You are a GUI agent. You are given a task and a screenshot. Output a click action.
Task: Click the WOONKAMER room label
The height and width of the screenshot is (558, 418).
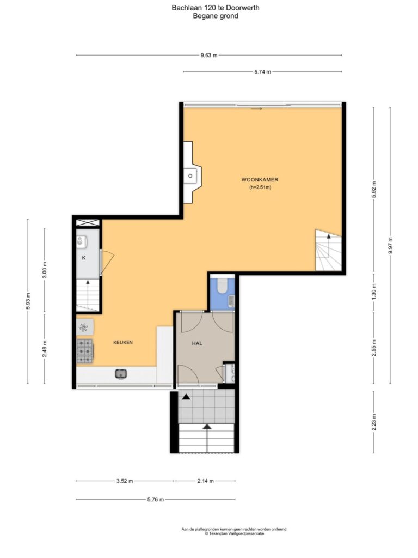(260, 180)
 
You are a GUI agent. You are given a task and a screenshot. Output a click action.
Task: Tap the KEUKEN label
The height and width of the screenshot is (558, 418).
(123, 342)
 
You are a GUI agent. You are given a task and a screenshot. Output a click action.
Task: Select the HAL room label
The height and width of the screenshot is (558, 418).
(197, 343)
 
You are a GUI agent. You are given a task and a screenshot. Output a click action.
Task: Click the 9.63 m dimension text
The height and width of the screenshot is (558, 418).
(209, 55)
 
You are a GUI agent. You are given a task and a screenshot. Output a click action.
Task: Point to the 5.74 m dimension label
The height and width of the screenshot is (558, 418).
(263, 72)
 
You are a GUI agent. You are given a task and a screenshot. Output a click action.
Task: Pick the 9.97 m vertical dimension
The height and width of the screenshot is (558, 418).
(390, 246)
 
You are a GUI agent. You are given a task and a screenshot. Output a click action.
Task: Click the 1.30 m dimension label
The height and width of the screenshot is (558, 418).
(373, 292)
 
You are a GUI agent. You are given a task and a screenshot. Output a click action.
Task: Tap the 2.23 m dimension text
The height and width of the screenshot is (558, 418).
(373, 422)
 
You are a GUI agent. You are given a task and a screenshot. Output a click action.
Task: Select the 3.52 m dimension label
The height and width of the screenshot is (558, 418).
(125, 481)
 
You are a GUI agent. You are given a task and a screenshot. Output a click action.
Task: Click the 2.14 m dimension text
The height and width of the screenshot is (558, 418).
(206, 481)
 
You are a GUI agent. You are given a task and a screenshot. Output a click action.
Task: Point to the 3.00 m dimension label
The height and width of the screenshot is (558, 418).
(45, 270)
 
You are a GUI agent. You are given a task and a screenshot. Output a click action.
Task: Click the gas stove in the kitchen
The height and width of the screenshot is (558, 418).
(84, 351)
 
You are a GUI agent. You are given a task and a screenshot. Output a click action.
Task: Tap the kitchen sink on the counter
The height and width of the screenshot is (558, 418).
(121, 374)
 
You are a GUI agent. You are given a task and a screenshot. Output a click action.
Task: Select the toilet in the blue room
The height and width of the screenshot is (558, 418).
(223, 286)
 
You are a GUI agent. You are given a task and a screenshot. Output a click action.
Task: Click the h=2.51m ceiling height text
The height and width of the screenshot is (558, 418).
(260, 187)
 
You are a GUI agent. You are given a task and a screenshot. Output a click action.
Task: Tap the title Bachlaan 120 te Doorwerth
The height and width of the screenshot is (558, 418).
(216, 8)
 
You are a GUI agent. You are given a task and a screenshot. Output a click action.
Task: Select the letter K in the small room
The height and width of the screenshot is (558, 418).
(84, 258)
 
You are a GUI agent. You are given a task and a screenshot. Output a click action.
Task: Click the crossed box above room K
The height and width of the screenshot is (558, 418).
(88, 223)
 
